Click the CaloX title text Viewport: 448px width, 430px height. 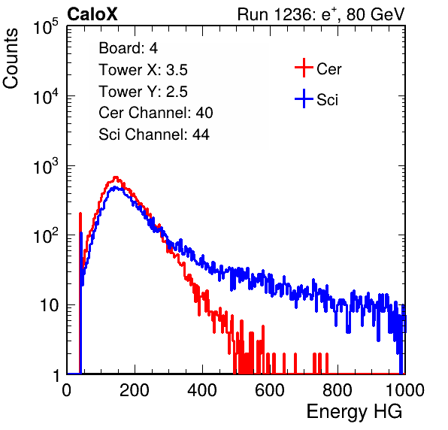pyautogui.click(x=92, y=14)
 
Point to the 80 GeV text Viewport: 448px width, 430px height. pyautogui.click(x=375, y=14)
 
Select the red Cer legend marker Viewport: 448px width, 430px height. pyautogui.click(x=304, y=68)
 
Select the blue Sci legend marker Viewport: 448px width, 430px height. pyautogui.click(x=304, y=99)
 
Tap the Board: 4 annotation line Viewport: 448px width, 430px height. pyautogui.click(x=129, y=48)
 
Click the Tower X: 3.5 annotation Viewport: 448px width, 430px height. pyautogui.click(x=143, y=70)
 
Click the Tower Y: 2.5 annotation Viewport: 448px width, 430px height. pyautogui.click(x=143, y=92)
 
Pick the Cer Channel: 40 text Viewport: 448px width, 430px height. pyautogui.click(x=156, y=113)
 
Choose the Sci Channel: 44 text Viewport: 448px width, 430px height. pyautogui.click(x=154, y=135)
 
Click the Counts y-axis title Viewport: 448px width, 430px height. pyautogui.click(x=11, y=59)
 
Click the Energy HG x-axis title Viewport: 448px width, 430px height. pyautogui.click(x=355, y=412)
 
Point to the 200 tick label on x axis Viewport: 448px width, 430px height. pyautogui.click(x=135, y=390)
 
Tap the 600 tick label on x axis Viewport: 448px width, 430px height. pyautogui.click(x=270, y=390)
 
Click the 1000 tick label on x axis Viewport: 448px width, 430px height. pyautogui.click(x=405, y=390)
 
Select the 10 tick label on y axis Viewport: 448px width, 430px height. pyautogui.click(x=49, y=305)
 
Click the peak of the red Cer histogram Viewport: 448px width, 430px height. pyautogui.click(x=116, y=177)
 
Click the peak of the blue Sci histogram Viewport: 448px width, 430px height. pyautogui.click(x=114, y=187)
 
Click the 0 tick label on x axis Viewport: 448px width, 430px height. pyautogui.click(x=67, y=390)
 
